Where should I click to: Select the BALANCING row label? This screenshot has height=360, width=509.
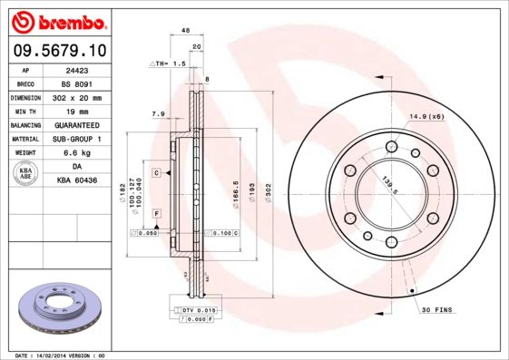coord(25,125)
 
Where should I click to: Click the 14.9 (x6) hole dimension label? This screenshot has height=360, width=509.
coord(426,116)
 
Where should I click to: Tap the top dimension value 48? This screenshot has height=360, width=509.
coord(185,31)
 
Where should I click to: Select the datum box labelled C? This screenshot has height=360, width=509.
coord(156,172)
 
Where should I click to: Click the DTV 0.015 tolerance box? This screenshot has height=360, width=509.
coord(198,311)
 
